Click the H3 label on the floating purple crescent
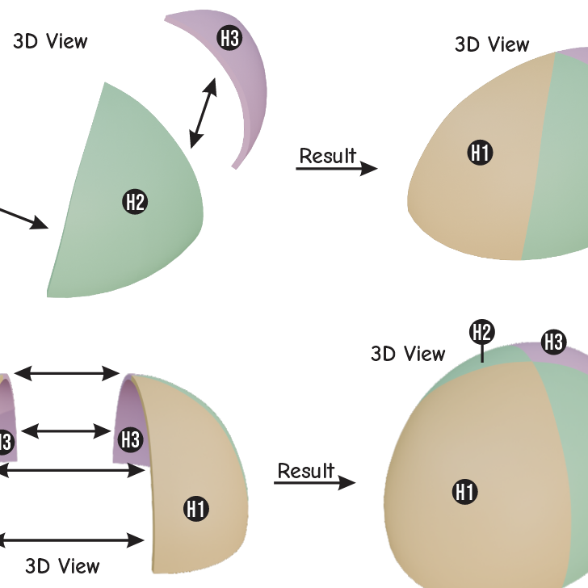tap(229, 38)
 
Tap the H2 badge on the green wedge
tap(135, 202)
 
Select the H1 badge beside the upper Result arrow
tap(480, 153)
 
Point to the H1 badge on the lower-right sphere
tap(465, 492)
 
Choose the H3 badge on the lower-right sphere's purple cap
tap(554, 342)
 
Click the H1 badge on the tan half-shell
tap(196, 509)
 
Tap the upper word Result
tap(328, 155)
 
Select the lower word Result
tap(306, 470)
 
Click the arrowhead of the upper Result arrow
tap(369, 169)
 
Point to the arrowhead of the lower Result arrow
tap(346, 483)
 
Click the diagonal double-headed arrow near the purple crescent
tap(203, 113)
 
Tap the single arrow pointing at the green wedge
tap(23, 217)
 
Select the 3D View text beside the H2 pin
tap(408, 354)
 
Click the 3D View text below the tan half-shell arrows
tap(62, 566)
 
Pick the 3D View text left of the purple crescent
tap(50, 41)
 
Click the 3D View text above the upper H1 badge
tap(492, 44)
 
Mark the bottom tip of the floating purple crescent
tap(234, 168)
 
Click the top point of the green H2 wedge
tap(105, 83)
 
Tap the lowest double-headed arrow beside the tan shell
tap(71, 540)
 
